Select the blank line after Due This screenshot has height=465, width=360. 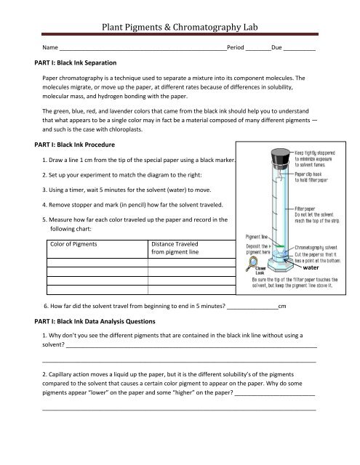click(299, 46)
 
